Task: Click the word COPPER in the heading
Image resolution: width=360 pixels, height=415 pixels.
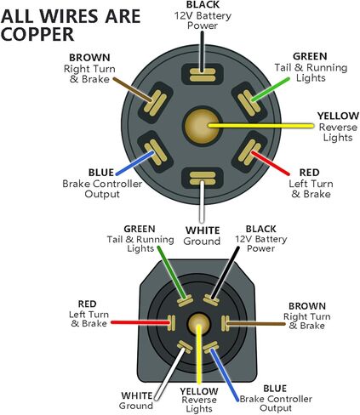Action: click(x=37, y=34)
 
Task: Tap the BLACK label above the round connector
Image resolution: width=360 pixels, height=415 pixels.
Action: click(x=203, y=5)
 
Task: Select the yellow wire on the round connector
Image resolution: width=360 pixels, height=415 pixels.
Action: click(x=261, y=126)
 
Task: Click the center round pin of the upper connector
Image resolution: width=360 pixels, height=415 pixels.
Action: click(x=203, y=126)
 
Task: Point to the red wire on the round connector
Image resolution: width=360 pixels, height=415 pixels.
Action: click(x=271, y=163)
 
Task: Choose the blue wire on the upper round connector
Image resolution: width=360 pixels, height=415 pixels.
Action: click(x=135, y=162)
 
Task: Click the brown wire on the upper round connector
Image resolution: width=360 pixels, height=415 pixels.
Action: click(x=133, y=89)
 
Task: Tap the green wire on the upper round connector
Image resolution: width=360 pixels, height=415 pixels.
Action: click(x=271, y=89)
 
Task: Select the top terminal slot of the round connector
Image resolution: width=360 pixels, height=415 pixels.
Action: click(x=203, y=74)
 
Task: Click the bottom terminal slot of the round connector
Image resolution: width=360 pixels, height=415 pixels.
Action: click(x=203, y=178)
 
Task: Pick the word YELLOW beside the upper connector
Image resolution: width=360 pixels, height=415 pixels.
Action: click(x=338, y=116)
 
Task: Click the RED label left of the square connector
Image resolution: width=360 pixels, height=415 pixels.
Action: click(x=87, y=304)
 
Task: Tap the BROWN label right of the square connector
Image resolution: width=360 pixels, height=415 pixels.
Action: click(x=307, y=306)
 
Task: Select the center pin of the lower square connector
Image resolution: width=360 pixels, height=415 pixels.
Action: click(x=198, y=324)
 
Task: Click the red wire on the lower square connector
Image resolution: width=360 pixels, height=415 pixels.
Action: click(x=140, y=322)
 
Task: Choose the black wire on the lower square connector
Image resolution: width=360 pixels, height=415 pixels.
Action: click(x=225, y=273)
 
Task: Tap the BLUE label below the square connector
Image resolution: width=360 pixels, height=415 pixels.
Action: click(x=275, y=389)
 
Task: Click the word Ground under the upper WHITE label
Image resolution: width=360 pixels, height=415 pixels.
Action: click(x=202, y=242)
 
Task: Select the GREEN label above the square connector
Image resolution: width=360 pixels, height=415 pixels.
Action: click(x=140, y=229)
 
